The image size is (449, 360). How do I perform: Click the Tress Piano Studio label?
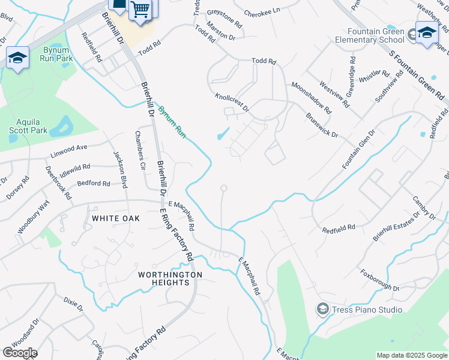(368, 310)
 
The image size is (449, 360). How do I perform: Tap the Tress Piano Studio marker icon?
(323, 310)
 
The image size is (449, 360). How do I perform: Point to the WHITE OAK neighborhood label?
(116, 218)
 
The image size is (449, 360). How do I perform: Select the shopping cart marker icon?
(139, 9)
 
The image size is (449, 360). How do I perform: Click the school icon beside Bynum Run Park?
(17, 58)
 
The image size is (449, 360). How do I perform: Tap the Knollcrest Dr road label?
(232, 101)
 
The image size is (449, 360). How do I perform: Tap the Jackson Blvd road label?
(120, 169)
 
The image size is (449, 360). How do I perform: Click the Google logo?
(19, 353)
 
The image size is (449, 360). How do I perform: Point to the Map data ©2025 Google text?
(412, 355)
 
